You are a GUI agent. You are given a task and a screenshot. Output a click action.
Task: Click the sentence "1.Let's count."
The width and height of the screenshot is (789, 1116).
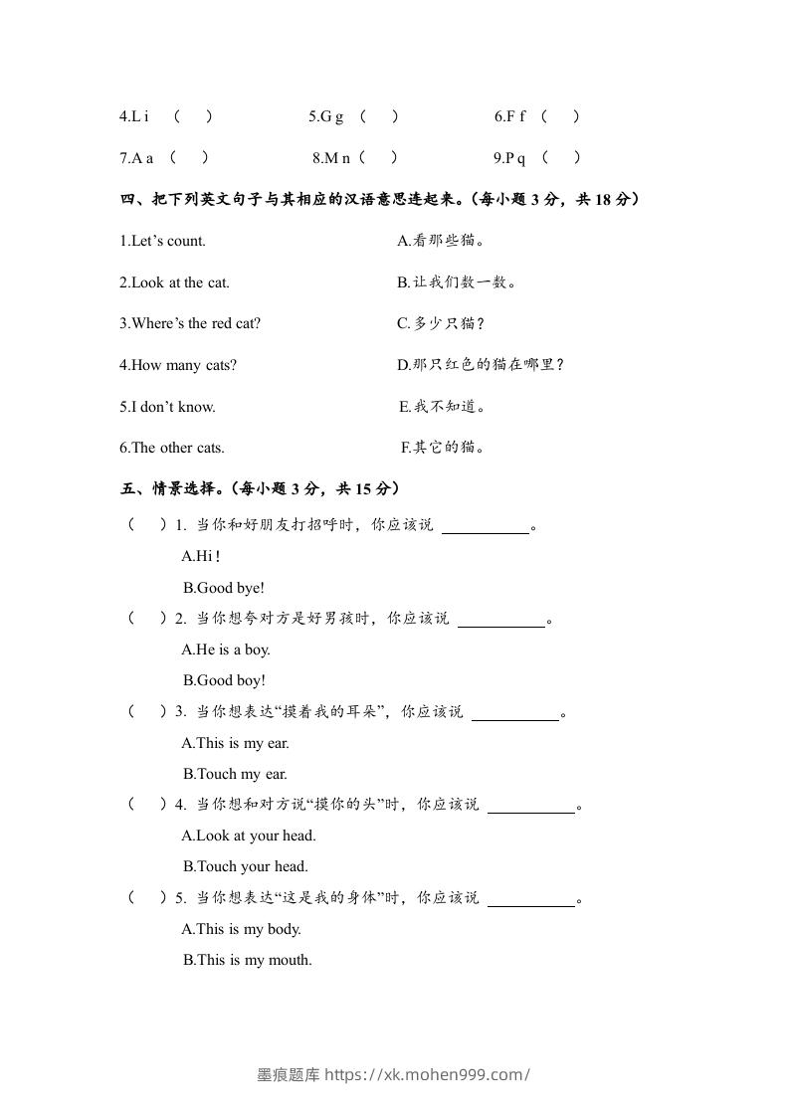coord(162,241)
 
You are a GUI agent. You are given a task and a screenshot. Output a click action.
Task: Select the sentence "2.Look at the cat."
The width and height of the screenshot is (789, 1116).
coord(174,282)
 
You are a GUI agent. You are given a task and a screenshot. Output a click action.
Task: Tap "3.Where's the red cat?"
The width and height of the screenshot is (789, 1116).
coord(190,323)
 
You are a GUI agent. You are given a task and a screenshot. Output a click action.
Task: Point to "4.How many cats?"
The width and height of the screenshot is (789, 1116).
coord(178,365)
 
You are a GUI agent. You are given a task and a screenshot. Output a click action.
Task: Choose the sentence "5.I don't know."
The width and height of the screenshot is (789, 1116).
coord(167,406)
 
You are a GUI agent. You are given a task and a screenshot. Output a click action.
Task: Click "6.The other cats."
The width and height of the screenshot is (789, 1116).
coord(172,448)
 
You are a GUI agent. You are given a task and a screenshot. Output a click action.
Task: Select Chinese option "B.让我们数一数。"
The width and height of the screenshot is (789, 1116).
coord(457,282)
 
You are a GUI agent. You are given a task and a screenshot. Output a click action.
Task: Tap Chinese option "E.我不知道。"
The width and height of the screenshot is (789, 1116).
coord(442,406)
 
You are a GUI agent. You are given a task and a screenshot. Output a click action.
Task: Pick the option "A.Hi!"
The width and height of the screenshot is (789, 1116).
coord(201,557)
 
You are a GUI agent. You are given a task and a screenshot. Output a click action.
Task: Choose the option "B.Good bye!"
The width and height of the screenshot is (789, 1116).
coord(224,588)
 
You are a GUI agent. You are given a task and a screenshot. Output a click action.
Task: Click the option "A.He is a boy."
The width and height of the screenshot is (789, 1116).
coord(226,650)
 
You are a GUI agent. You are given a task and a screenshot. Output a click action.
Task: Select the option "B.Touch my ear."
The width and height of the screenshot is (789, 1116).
coord(235,774)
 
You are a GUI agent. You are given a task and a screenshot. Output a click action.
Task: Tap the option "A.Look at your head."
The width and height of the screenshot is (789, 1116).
coord(249,836)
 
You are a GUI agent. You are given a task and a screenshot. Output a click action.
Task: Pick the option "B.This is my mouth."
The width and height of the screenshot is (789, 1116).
coord(248,960)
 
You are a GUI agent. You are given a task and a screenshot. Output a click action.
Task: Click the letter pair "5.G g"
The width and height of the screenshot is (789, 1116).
coord(326,116)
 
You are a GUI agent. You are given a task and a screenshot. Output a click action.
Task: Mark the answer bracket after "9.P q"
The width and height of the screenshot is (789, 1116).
coord(561,157)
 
